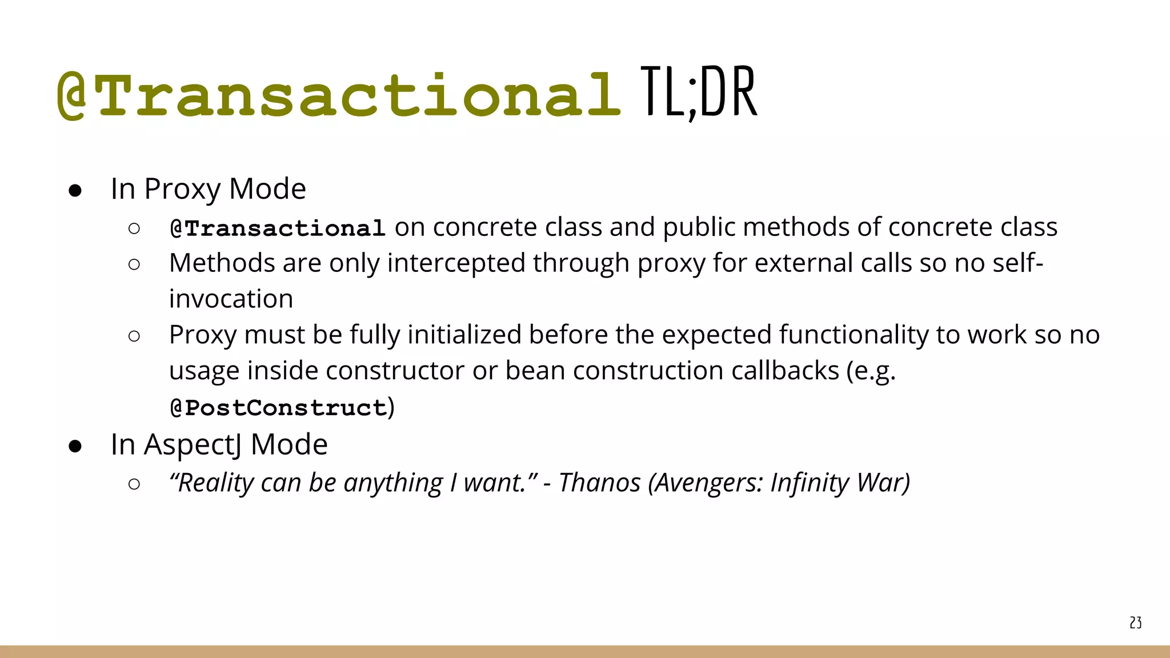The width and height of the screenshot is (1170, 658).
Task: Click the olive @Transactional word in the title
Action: (339, 95)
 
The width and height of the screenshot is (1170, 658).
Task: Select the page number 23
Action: (1135, 623)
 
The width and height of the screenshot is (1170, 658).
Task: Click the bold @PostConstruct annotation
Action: (278, 408)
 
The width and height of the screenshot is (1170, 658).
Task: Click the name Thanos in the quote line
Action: (599, 483)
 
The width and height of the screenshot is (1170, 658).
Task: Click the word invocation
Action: (231, 299)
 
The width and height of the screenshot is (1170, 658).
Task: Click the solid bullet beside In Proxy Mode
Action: (75, 190)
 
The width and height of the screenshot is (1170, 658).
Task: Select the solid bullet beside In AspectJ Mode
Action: (75, 446)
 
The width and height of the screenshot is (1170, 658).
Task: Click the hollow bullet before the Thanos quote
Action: (134, 484)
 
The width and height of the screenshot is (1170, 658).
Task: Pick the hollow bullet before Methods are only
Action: (134, 264)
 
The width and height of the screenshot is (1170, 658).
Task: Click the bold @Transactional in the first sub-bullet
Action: (278, 228)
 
